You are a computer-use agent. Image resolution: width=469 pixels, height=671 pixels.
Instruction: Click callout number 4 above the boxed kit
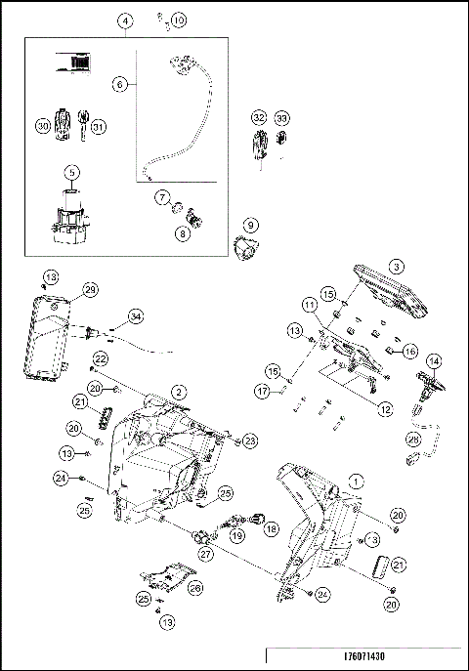tap(126, 21)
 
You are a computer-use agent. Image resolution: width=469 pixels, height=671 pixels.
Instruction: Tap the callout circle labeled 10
tap(177, 20)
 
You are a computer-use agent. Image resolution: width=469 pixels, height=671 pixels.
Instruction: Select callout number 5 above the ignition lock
tap(71, 174)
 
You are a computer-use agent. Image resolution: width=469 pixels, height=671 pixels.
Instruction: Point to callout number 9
tap(250, 224)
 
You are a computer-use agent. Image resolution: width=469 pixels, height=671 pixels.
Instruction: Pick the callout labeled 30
tap(42, 125)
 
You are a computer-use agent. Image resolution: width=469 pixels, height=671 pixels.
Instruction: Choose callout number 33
tap(281, 118)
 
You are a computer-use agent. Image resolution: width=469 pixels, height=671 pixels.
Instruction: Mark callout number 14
tap(432, 361)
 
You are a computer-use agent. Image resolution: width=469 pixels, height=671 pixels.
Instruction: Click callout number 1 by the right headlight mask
tap(357, 481)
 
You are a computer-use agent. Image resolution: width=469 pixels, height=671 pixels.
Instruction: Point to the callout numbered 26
tap(194, 588)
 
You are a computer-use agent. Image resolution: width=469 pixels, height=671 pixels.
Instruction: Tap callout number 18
tap(271, 528)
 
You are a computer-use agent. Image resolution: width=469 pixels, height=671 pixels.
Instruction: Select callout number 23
tap(251, 440)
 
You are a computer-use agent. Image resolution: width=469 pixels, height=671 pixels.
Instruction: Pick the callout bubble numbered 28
tap(413, 439)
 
